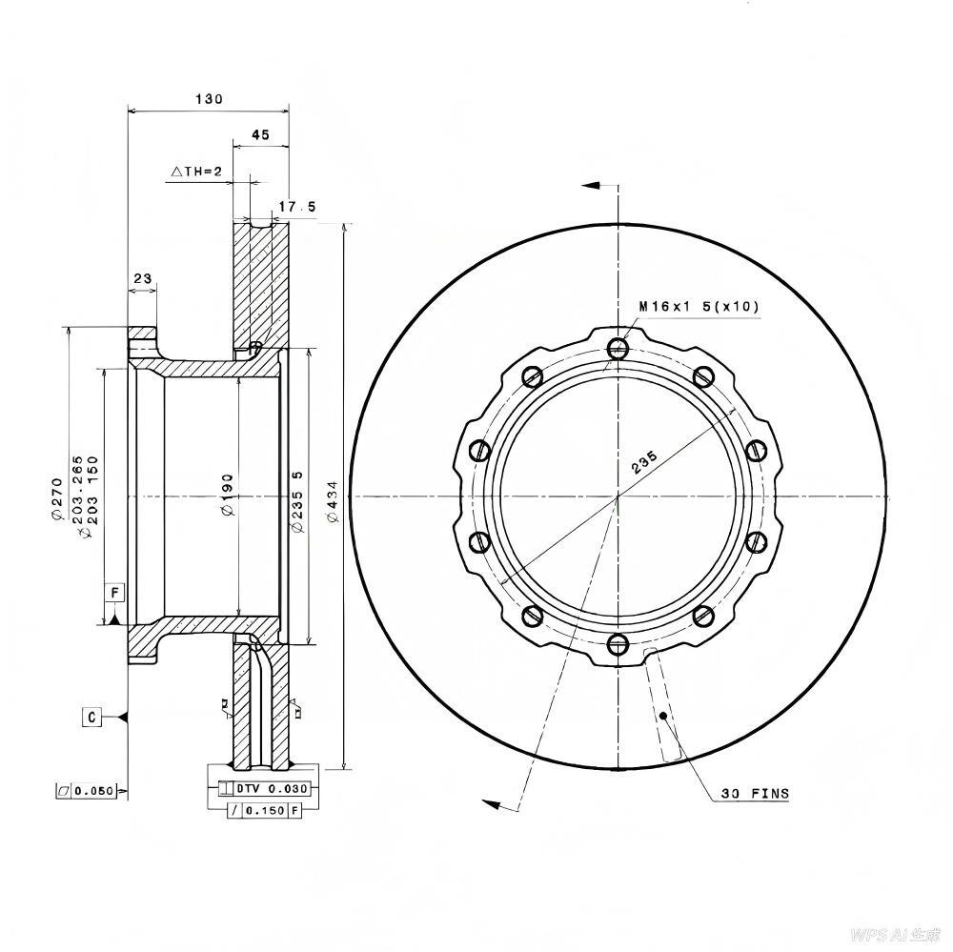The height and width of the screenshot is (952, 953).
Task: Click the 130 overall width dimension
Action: (209, 99)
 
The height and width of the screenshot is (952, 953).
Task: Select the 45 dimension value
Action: (260, 135)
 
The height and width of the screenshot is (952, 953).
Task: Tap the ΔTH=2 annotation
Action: (196, 172)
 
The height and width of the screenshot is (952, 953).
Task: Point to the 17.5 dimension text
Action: (297, 207)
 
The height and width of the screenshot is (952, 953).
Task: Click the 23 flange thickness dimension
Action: (143, 279)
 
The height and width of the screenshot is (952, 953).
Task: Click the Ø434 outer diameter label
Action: (332, 501)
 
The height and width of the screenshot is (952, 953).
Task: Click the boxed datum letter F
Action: (114, 593)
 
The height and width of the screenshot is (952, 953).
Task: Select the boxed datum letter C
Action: (91, 717)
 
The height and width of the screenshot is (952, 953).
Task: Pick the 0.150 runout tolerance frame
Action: (264, 810)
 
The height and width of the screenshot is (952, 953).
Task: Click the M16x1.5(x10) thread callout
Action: (699, 307)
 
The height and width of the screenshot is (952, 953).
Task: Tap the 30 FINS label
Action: (755, 793)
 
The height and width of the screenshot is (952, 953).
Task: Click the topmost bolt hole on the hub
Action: (618, 348)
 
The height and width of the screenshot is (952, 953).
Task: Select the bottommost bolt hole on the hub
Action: (618, 644)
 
